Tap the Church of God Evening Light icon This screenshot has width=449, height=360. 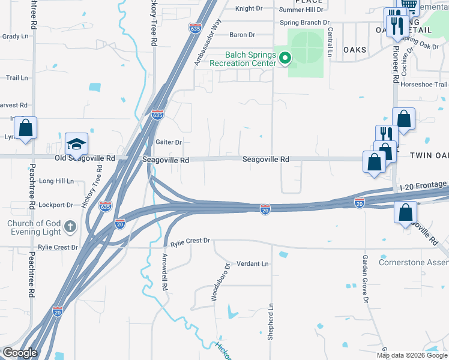tap(70, 227)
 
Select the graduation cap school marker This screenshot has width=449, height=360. tap(76, 144)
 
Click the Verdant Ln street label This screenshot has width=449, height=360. tap(252, 263)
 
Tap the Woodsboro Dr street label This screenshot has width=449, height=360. tap(220, 282)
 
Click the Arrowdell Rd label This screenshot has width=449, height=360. tap(163, 271)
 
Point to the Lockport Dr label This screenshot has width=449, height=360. tap(55, 205)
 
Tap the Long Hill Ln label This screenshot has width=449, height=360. tap(56, 181)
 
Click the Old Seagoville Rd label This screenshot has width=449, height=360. tap(85, 158)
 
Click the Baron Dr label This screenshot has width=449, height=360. tap(243, 35)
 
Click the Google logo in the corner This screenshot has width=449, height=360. tap(19, 353)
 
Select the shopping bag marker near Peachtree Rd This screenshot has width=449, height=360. tap(25, 128)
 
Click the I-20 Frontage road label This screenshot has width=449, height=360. tap(424, 186)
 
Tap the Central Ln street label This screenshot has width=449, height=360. tap(330, 42)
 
